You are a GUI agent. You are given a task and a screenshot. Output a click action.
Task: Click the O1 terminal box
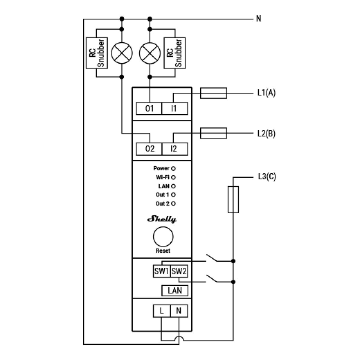149,109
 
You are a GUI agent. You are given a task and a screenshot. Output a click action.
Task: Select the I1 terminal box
174,109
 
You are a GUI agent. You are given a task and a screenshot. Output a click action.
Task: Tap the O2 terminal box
149,149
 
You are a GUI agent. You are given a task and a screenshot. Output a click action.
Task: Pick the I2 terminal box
174,149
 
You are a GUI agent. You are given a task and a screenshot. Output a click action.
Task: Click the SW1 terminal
162,272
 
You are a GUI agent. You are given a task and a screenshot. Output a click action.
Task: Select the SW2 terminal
179,272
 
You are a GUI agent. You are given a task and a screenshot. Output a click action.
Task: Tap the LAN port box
175,290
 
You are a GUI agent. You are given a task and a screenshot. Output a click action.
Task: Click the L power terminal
162,311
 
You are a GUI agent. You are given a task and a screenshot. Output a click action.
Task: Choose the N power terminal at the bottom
179,311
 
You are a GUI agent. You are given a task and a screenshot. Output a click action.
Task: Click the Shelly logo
162,220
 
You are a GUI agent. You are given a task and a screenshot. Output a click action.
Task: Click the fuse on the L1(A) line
213,93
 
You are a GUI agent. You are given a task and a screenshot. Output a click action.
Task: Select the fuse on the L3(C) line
233,199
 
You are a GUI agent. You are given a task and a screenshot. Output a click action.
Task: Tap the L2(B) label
266,133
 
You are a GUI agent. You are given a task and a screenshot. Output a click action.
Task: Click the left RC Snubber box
96,53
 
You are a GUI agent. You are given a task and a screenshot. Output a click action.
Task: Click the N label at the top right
259,19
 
